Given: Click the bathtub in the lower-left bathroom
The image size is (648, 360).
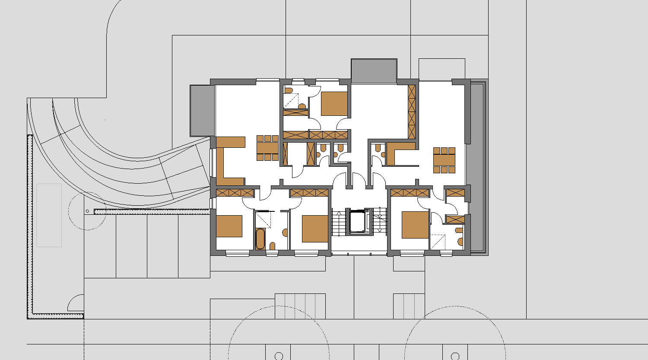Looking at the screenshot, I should pyautogui.click(x=260, y=239).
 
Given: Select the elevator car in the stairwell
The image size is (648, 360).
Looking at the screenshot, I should pyautogui.click(x=358, y=222).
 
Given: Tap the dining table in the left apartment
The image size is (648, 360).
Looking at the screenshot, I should pyautogui.click(x=268, y=148).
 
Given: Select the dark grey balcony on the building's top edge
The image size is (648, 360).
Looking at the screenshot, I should pyautogui.click(x=374, y=71).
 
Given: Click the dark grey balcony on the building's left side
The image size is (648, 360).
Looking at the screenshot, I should pyautogui.click(x=202, y=111).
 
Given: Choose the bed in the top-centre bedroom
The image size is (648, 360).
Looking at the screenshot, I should pyautogui.click(x=334, y=104).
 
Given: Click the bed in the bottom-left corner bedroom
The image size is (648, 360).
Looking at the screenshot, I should pyautogui.click(x=229, y=226).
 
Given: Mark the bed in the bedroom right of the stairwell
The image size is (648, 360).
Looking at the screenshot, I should pyautogui.click(x=415, y=225).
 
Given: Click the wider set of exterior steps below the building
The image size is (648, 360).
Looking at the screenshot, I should pyautogui.click(x=301, y=306).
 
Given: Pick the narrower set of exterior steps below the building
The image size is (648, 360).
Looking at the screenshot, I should pyautogui.click(x=409, y=306).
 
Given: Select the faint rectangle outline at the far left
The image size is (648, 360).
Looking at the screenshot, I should pyautogui.click(x=49, y=215).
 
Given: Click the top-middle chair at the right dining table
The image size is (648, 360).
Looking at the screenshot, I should pyautogui.click(x=445, y=151).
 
